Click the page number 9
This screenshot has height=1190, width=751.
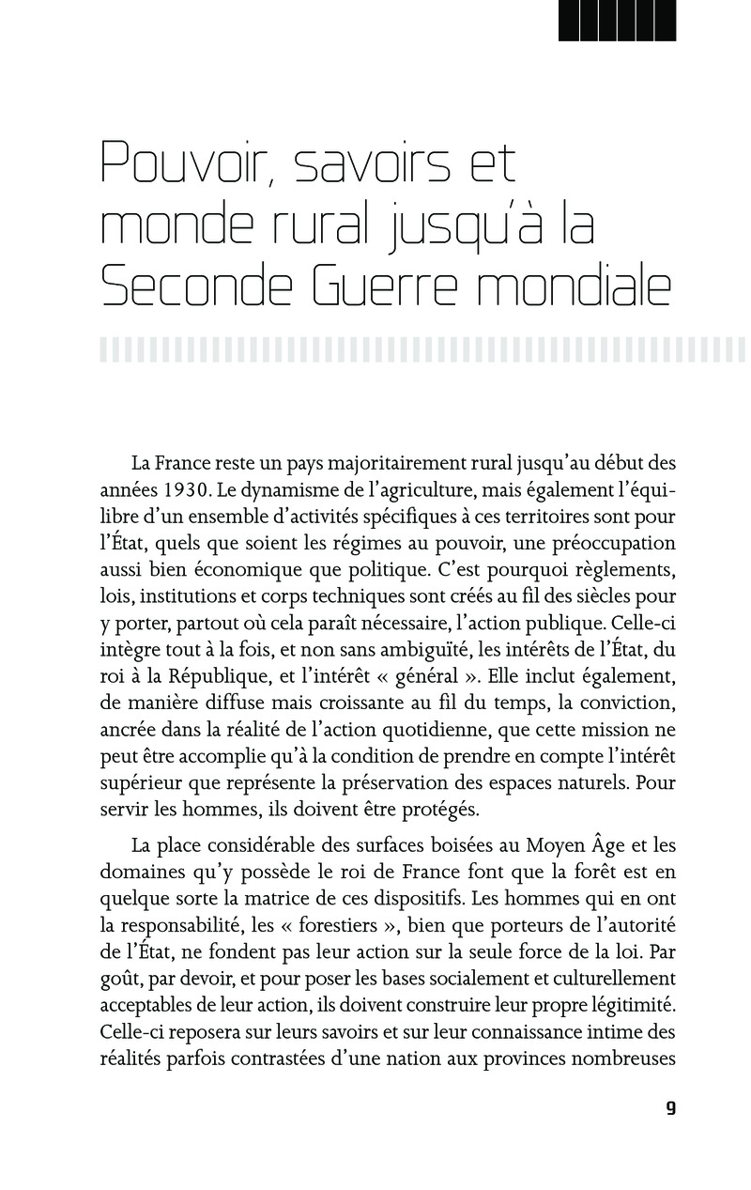tap(670, 1108)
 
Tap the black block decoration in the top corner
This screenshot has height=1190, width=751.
tap(617, 20)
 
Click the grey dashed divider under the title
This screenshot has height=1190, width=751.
tap(422, 350)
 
